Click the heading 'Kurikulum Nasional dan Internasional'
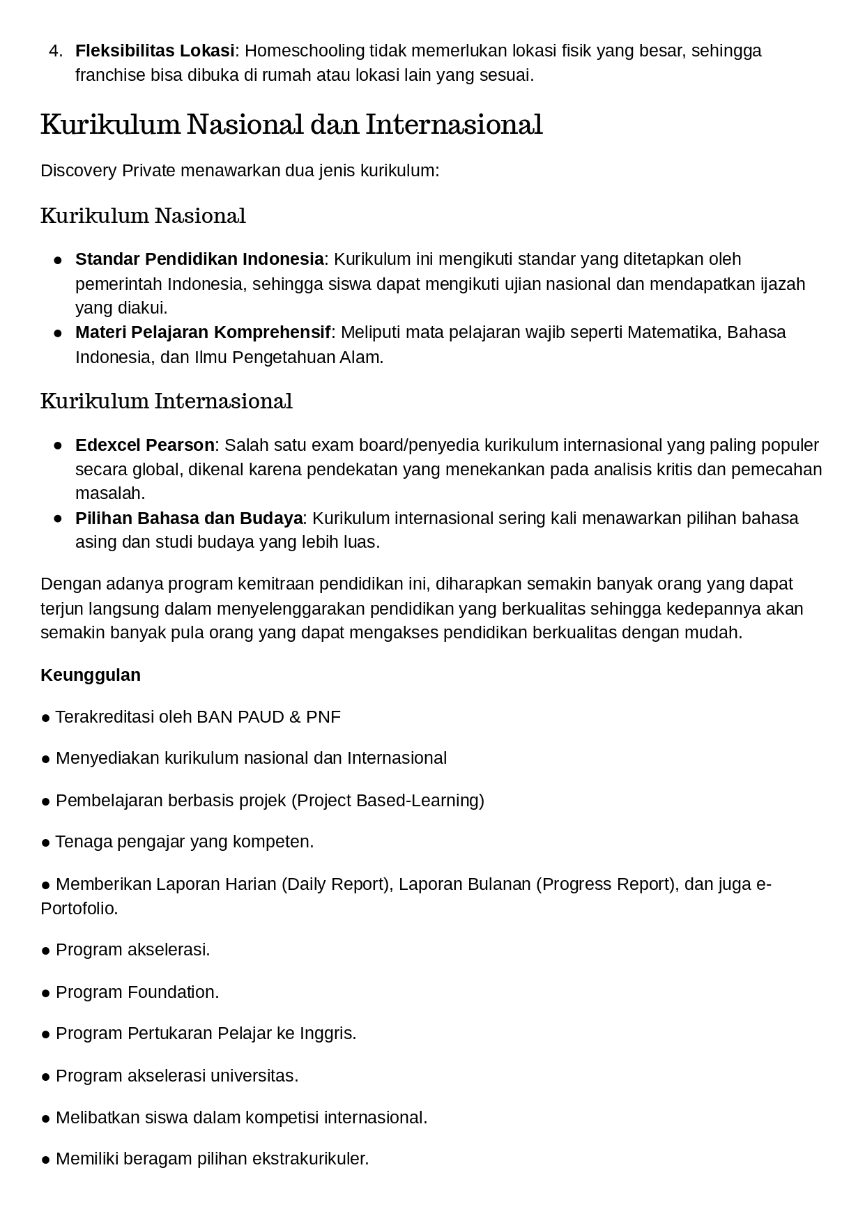[x=291, y=125]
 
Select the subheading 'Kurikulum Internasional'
[x=167, y=401]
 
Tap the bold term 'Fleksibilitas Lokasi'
[x=155, y=51]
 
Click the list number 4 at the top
[x=56, y=51]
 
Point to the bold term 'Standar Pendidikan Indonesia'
[x=199, y=259]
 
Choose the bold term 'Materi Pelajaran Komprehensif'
[x=203, y=332]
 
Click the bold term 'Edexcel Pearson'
[x=145, y=445]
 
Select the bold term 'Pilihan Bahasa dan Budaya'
[x=189, y=518]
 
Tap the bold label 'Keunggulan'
[x=91, y=675]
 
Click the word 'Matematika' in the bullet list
[x=673, y=332]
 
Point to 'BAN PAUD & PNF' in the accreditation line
[x=268, y=717]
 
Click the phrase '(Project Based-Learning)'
[x=387, y=801]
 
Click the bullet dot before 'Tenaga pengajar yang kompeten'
[x=46, y=843]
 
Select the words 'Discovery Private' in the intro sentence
[x=108, y=171]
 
